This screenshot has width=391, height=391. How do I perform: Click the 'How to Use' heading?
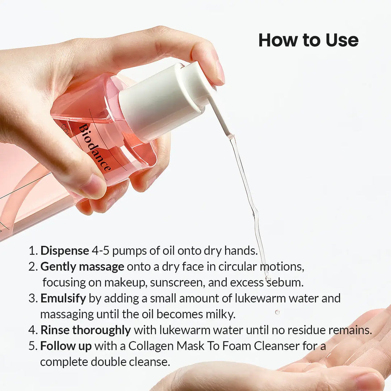tap(308, 40)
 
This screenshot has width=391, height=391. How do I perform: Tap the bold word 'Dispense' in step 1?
tap(64, 251)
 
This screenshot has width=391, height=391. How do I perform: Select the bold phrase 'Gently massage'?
tap(82, 267)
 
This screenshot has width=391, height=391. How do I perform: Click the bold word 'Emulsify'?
tap(63, 298)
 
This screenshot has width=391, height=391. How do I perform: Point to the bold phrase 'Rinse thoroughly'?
tap(85, 330)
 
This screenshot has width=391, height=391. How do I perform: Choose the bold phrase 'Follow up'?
tap(66, 346)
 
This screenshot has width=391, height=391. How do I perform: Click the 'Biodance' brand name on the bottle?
tap(94, 148)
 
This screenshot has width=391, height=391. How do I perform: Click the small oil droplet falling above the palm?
tap(277, 312)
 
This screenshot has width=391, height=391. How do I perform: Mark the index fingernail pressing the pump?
tap(220, 71)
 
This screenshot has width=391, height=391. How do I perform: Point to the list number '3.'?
tap(33, 298)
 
